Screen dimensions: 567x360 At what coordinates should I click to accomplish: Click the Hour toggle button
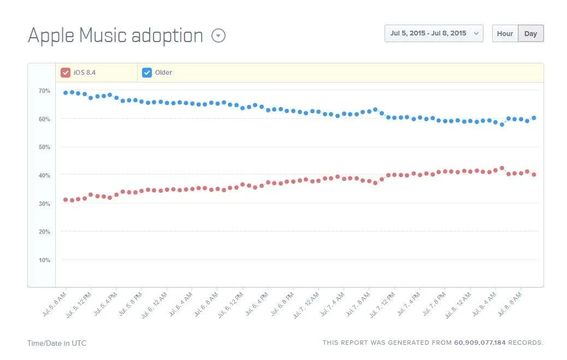point(505,33)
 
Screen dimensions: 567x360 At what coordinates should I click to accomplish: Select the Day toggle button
point(531,33)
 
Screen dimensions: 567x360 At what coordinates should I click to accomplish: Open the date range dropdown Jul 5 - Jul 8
point(434,33)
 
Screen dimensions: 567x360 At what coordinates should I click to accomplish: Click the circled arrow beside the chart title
point(218,36)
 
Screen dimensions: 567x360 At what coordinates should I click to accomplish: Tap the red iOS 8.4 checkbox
point(66,73)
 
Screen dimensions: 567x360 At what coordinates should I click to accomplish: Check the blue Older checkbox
point(147,73)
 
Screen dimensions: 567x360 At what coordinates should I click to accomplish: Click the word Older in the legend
point(163,73)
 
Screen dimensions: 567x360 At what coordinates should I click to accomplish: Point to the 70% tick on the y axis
point(44,91)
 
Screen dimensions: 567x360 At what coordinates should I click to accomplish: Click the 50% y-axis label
point(44,147)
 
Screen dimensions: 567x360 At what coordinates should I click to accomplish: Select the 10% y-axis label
point(44,260)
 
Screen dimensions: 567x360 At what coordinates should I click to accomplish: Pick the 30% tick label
point(44,204)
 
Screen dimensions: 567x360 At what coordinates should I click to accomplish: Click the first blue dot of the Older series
point(66,93)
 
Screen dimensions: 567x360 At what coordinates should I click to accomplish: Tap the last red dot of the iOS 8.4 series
point(534,174)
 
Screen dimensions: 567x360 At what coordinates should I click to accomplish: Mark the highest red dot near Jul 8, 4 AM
point(502,168)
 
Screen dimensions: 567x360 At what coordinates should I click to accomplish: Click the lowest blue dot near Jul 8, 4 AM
point(502,125)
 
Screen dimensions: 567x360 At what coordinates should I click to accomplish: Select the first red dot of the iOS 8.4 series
point(66,200)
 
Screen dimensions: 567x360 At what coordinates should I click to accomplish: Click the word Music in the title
point(103,36)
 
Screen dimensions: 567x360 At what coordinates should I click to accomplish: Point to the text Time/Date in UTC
point(57,343)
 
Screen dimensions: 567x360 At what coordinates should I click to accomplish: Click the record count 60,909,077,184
point(480,343)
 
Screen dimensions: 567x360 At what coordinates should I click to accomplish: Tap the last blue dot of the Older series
point(534,118)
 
